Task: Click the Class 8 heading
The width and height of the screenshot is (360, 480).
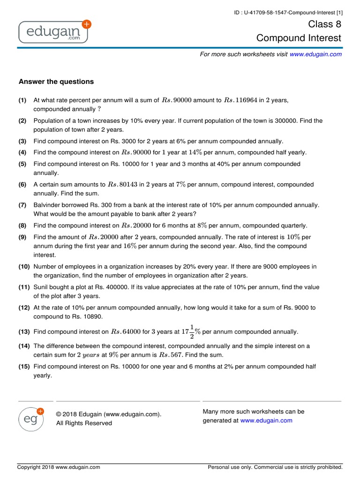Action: coord(324,24)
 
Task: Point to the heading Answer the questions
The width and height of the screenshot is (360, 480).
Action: coord(56,82)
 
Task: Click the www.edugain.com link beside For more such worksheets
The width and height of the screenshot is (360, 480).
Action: coord(315,54)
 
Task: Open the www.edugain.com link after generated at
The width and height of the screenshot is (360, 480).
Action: coord(266,420)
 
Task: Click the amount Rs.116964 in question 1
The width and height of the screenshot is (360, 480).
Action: coord(240,100)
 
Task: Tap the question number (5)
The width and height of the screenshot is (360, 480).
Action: coord(22,164)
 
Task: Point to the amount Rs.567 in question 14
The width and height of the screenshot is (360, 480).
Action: coord(172,355)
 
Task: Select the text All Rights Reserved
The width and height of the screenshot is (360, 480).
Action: coord(84,423)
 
